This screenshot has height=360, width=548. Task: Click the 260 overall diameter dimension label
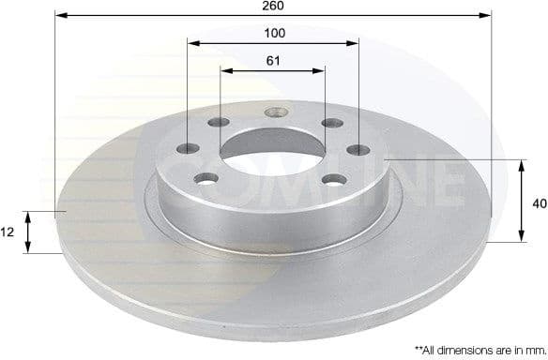point(274,6)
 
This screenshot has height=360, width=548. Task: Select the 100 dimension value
point(274,33)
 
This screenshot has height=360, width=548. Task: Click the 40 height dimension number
point(539,202)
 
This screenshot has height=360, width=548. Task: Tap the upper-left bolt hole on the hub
point(219,122)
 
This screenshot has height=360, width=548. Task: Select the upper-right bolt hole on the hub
point(329,122)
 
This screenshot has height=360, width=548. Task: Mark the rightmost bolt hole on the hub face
point(359,149)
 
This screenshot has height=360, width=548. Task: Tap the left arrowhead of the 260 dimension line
point(59,15)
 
